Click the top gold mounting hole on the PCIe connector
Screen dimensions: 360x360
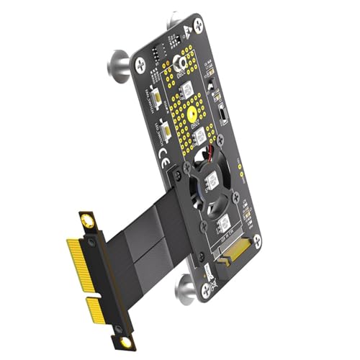tap(87, 217)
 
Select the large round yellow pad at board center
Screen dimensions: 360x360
tap(192, 114)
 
